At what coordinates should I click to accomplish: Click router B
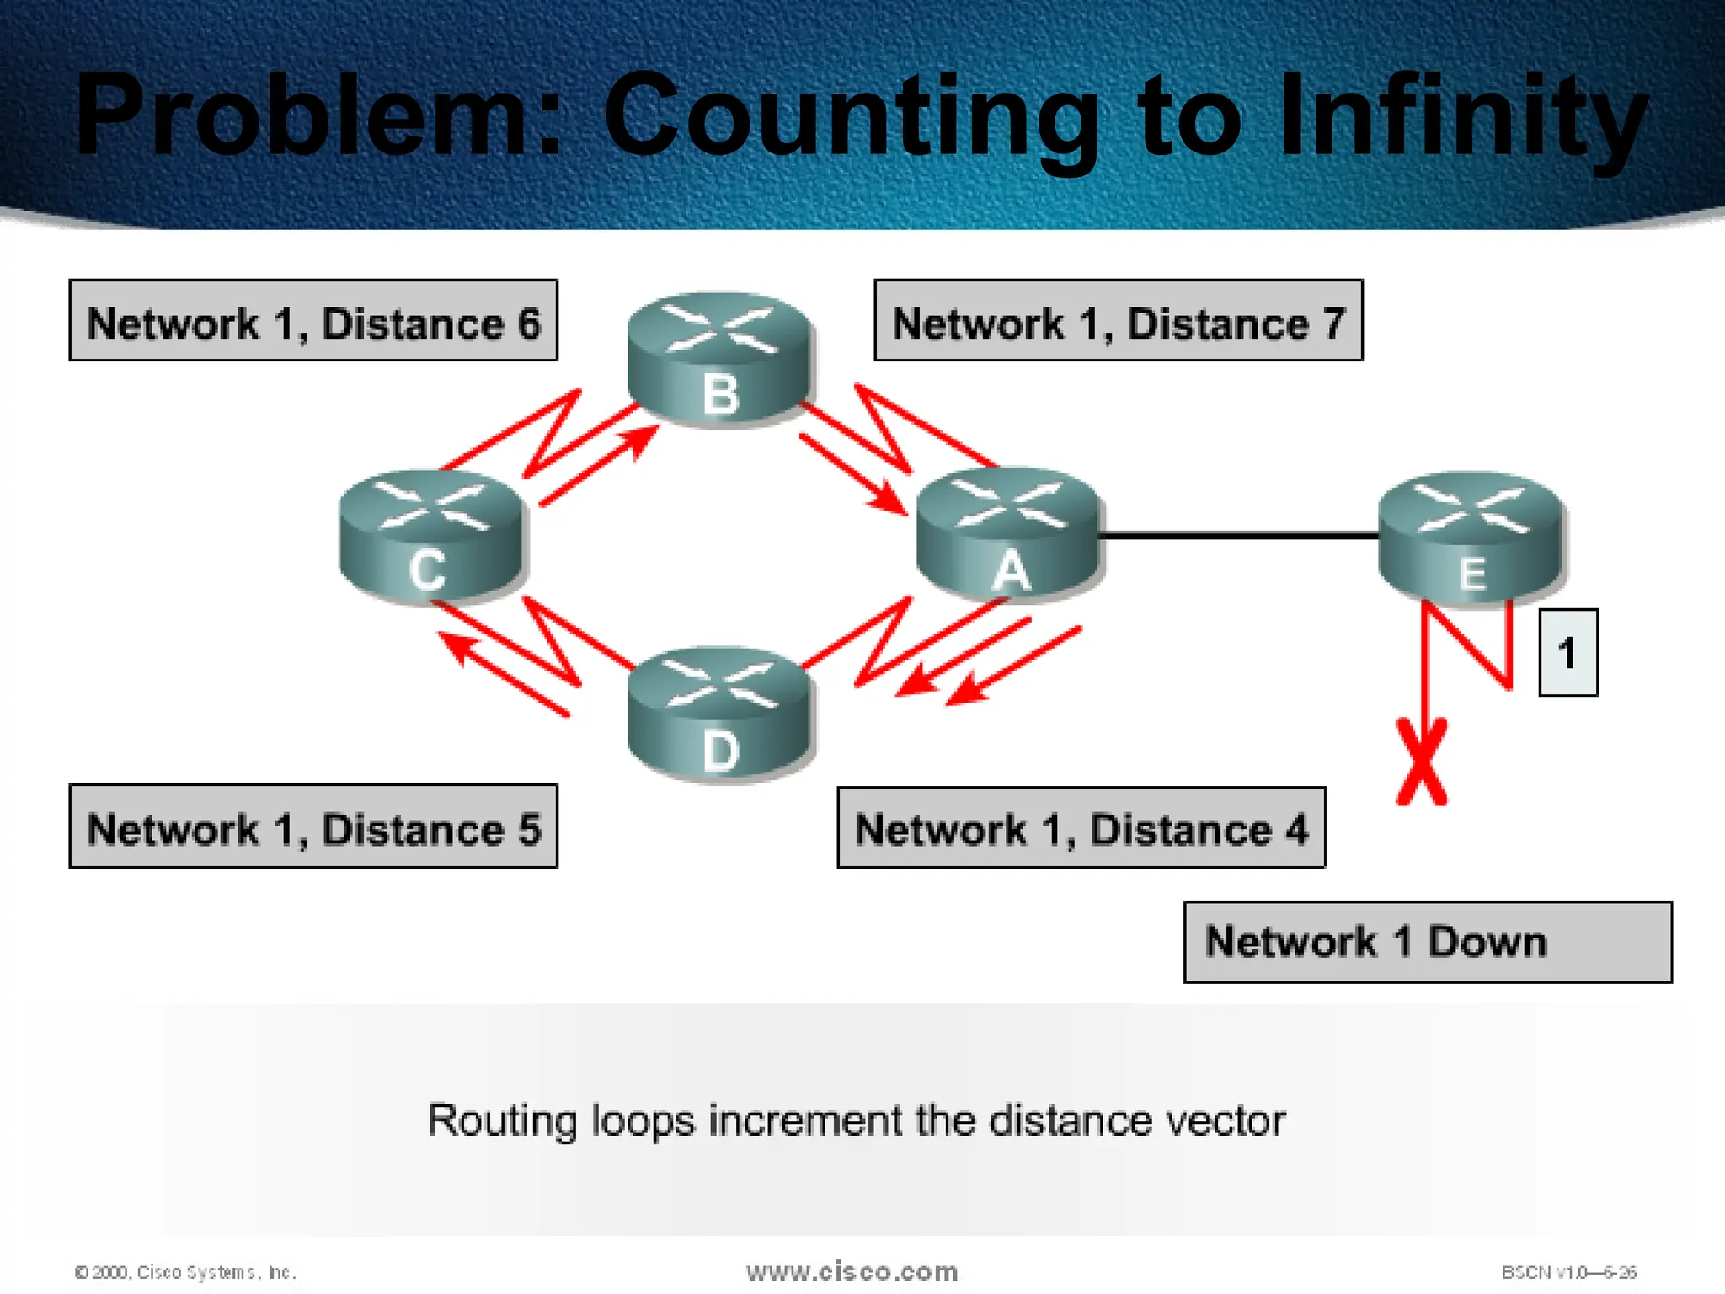[720, 360]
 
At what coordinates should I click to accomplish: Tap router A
[1009, 536]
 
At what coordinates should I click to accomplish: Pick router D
[720, 716]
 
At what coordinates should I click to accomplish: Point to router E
[1471, 539]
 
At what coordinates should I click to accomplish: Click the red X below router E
[1422, 762]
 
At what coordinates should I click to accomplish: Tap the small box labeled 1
[1567, 653]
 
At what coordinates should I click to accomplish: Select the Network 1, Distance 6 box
[313, 321]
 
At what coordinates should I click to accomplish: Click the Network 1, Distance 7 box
[1118, 321]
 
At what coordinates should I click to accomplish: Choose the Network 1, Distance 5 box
[313, 826]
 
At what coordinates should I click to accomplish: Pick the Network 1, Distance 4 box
[1081, 827]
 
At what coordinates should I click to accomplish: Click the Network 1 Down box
[1427, 942]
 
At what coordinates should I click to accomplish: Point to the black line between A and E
[1238, 535]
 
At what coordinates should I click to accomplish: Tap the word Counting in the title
[851, 118]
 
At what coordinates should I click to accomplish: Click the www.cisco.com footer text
[852, 1271]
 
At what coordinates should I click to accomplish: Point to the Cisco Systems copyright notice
[185, 1272]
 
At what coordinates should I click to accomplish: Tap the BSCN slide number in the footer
[1568, 1272]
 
